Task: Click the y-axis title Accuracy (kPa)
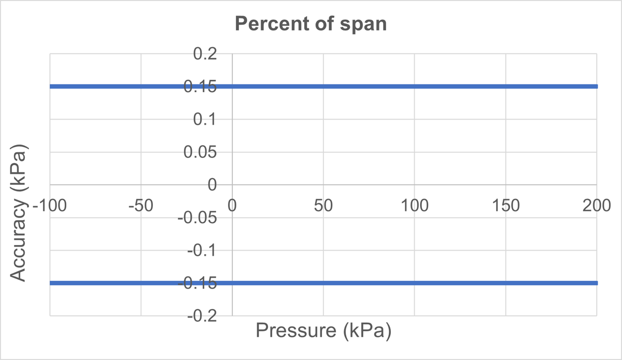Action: coord(19,212)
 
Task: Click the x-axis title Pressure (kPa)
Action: coord(323,330)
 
